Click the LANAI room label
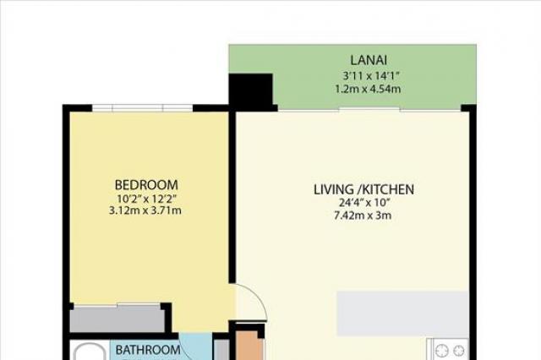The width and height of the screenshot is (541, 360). point(369,60)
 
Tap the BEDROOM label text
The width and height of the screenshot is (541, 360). point(146,185)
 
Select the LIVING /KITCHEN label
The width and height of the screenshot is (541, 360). point(363,189)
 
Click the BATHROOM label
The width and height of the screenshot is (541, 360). point(148,350)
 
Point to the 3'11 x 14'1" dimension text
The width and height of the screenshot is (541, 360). point(369,75)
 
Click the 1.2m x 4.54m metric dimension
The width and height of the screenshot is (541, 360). point(369,89)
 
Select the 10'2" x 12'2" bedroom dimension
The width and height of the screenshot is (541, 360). point(147,199)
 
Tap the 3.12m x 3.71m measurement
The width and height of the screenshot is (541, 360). point(145,210)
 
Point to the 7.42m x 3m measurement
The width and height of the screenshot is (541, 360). point(363,215)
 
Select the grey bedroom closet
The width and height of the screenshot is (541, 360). point(117,320)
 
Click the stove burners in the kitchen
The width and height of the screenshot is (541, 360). point(451,350)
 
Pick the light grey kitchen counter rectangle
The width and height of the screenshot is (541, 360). point(402,314)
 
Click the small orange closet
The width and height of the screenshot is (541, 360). point(248,346)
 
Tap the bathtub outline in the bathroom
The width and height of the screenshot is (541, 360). point(89,351)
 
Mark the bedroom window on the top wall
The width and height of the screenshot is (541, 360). point(142,107)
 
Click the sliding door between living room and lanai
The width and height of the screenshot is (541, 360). point(369,109)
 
